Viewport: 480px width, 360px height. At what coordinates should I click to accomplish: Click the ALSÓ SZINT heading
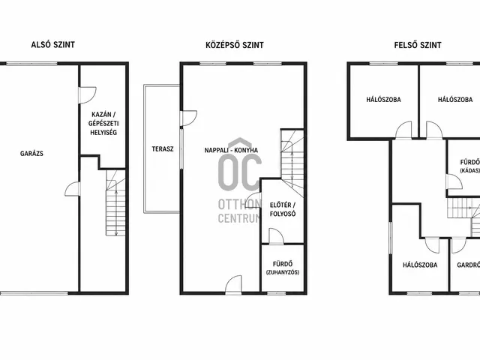(x=53, y=45)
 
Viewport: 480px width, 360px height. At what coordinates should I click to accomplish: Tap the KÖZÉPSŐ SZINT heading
(x=235, y=45)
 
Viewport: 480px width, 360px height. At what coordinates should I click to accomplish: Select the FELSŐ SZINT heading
(x=418, y=45)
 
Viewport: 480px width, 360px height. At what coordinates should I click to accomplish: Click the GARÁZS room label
(x=31, y=154)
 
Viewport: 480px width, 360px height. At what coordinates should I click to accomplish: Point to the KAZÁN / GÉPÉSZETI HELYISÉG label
(x=103, y=123)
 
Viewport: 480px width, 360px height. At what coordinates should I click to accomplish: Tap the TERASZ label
(x=163, y=149)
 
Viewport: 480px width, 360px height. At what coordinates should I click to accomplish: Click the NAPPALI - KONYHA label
(x=231, y=150)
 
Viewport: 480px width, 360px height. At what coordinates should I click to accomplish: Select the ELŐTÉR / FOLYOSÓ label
(x=283, y=209)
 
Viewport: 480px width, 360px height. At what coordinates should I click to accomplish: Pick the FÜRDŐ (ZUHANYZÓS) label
(x=283, y=268)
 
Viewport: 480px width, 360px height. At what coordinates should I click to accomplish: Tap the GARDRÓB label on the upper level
(x=468, y=265)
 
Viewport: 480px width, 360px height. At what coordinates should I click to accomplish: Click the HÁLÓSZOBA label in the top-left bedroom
(x=383, y=100)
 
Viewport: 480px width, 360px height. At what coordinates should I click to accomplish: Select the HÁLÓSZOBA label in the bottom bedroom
(x=420, y=265)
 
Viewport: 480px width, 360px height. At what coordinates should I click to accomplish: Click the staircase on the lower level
(x=115, y=203)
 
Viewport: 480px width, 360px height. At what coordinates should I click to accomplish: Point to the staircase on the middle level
(x=292, y=163)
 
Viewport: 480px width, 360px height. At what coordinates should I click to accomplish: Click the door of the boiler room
(x=88, y=95)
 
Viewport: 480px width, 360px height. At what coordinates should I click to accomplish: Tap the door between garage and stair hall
(x=73, y=189)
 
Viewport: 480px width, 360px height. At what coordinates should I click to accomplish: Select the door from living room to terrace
(x=188, y=118)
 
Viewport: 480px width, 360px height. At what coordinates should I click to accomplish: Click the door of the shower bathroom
(x=276, y=236)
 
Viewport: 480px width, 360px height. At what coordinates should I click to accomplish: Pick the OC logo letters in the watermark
(x=240, y=172)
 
